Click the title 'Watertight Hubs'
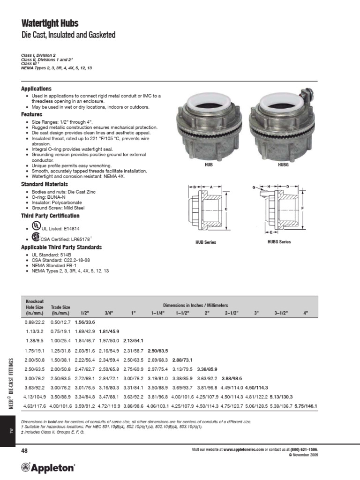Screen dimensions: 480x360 50,23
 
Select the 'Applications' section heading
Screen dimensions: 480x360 36,89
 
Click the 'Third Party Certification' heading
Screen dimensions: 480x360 50,216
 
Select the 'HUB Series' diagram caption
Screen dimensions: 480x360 207,242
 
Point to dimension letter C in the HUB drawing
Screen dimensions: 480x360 226,209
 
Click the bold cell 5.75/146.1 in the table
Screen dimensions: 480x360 306,406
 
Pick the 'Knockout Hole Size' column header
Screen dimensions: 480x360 34,307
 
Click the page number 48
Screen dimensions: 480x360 25,450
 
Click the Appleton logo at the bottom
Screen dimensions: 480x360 47,467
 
